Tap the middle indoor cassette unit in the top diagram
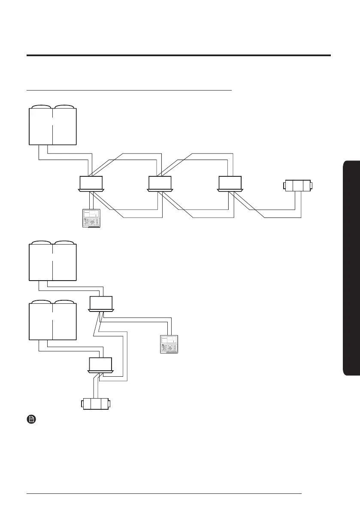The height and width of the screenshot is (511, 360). coord(160,183)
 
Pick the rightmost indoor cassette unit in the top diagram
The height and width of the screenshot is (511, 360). coord(230,183)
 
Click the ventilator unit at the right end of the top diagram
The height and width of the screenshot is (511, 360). coord(297,186)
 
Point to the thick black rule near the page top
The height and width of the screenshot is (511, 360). coord(178,55)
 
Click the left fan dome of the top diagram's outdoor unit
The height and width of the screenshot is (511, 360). coord(41,107)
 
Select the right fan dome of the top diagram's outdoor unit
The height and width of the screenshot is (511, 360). coord(64,107)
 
